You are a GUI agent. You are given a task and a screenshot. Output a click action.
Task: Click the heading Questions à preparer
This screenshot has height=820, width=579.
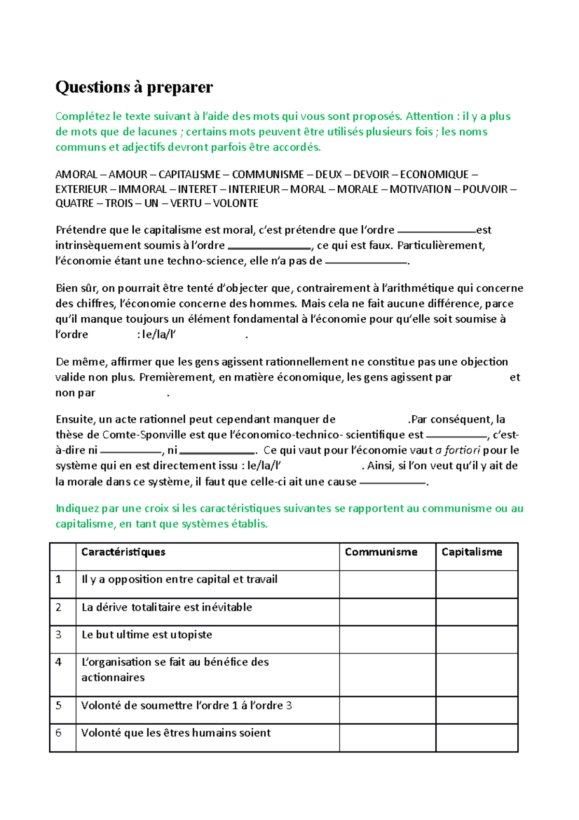pyautogui.click(x=134, y=87)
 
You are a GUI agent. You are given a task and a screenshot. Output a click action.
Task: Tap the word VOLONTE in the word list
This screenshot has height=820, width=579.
pyautogui.click(x=235, y=203)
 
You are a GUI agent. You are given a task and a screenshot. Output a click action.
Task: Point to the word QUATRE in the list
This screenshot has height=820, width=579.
pyautogui.click(x=74, y=203)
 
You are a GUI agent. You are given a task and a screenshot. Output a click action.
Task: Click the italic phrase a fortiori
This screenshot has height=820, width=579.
pyautogui.click(x=457, y=450)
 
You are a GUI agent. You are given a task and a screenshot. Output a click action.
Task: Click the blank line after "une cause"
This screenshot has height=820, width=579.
pyautogui.click(x=393, y=483)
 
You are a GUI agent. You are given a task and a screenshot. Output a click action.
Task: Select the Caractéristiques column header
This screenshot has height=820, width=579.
pyautogui.click(x=123, y=552)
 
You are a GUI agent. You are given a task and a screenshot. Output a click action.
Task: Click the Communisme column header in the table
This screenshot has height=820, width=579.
pyautogui.click(x=381, y=552)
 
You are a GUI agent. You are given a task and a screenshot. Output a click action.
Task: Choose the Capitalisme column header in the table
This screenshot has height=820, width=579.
pyautogui.click(x=471, y=552)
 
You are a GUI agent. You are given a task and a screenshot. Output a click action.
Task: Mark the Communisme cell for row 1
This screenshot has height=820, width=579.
pyautogui.click(x=387, y=584)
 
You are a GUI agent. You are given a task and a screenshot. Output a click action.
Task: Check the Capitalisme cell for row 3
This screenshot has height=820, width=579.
pyautogui.click(x=477, y=639)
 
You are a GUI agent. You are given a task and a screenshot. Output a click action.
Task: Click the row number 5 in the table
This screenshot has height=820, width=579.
pyautogui.click(x=58, y=706)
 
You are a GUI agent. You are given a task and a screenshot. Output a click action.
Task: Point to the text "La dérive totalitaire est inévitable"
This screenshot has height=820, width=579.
pyautogui.click(x=166, y=607)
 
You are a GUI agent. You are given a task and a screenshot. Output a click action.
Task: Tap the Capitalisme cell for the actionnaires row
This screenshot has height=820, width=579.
pyautogui.click(x=477, y=675)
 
